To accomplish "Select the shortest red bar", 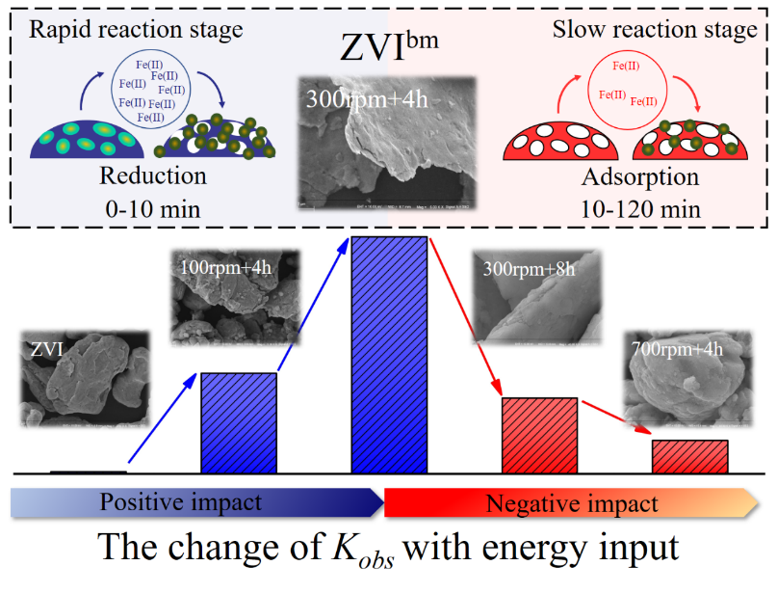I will pos(689,456).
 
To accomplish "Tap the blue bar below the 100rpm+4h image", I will pos(238,422).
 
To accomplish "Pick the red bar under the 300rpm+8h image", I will pos(539,435).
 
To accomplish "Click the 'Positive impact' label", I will pos(180,502).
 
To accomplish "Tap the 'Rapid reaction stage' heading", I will pos(136,30).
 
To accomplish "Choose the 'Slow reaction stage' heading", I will pos(655,30).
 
